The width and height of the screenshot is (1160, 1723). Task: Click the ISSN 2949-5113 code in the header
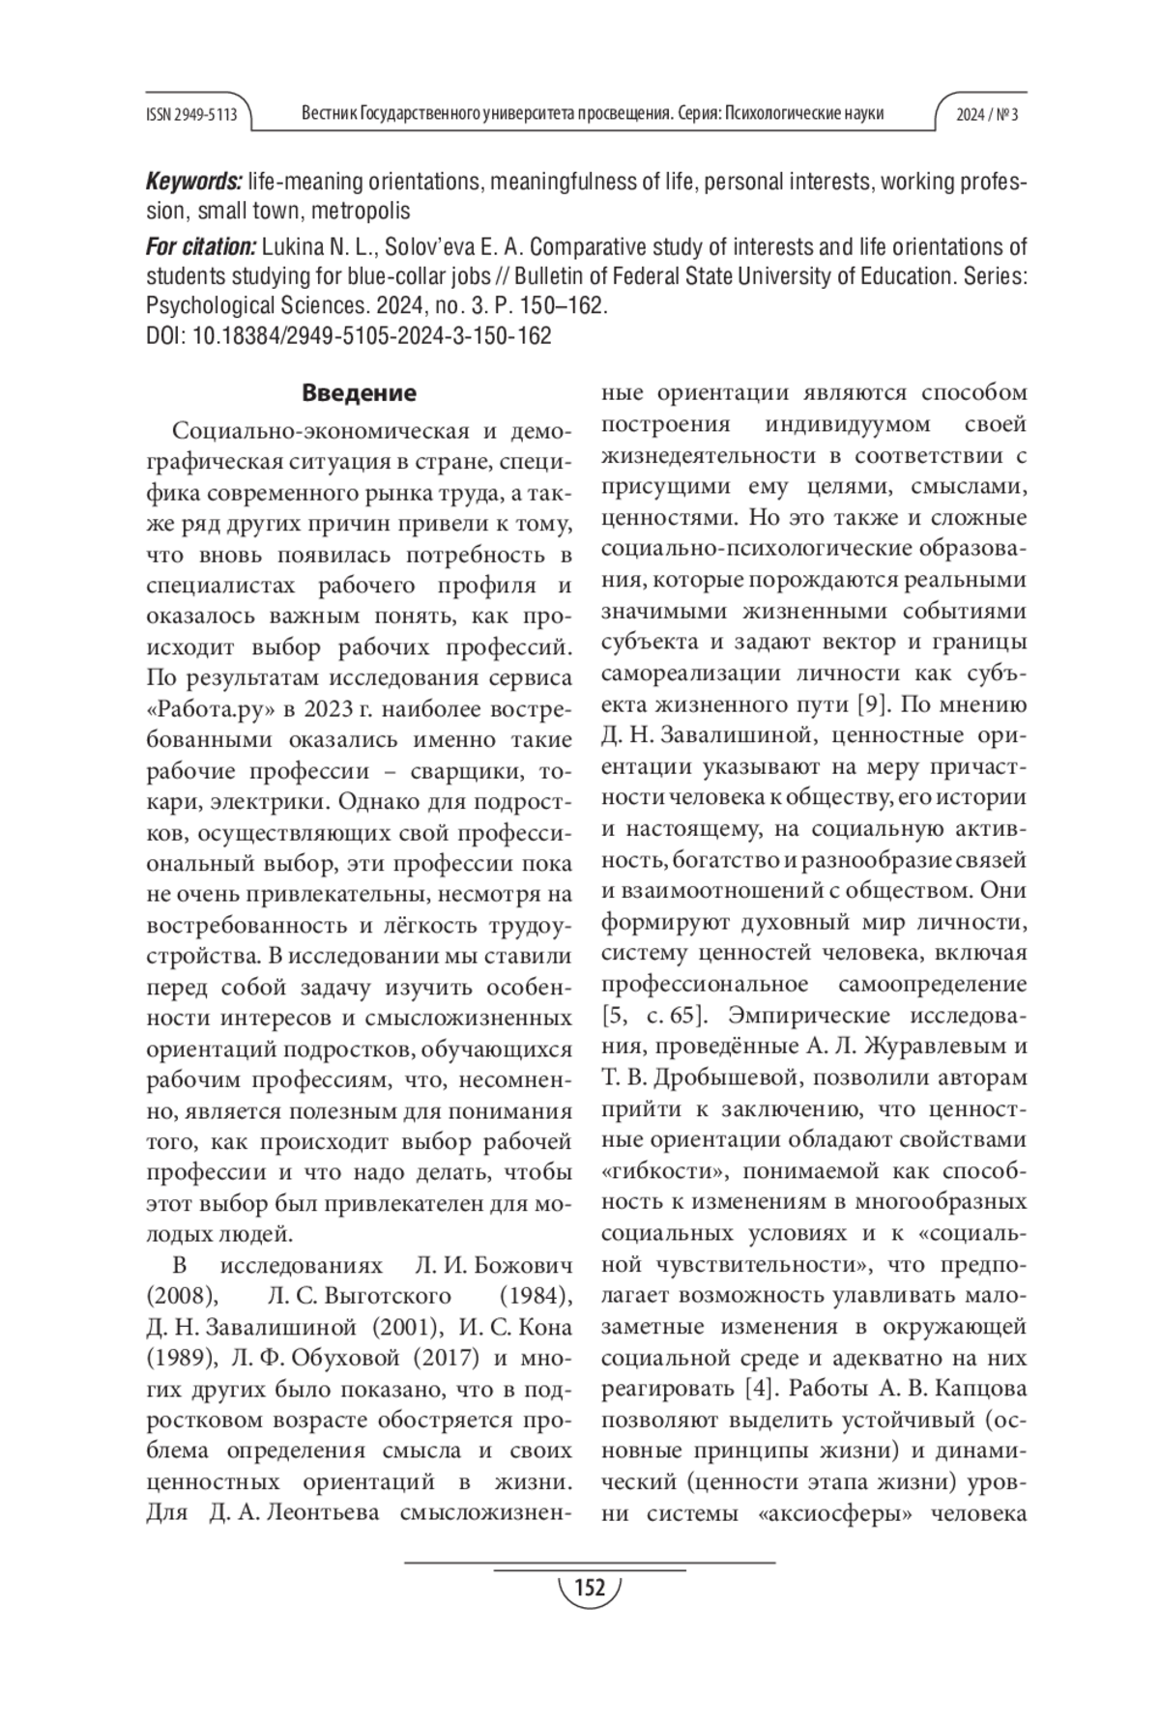pos(191,114)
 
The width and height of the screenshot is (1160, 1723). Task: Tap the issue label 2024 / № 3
pos(987,114)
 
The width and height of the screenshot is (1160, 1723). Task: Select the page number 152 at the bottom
pos(589,1588)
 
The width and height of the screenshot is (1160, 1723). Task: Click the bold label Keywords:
pos(193,182)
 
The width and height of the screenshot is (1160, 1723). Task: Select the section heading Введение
pos(359,393)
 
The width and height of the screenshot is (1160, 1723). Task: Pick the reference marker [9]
pos(875,704)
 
